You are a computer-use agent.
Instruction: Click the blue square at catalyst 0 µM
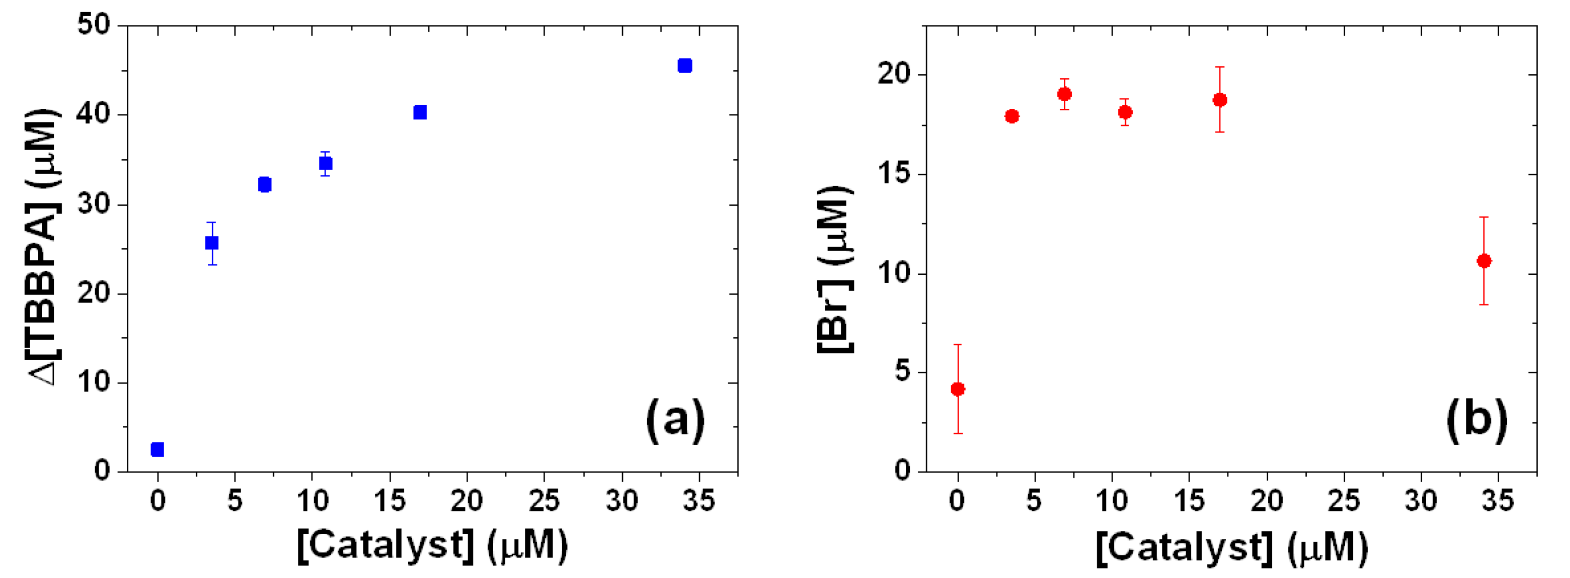(157, 449)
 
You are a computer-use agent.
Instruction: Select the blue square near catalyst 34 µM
(685, 65)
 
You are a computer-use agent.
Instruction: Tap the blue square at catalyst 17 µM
(420, 112)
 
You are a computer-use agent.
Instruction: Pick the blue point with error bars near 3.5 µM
(212, 243)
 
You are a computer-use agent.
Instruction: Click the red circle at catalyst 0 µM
(957, 389)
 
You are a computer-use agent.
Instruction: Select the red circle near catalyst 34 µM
(1484, 261)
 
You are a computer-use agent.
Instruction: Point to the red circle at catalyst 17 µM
(1220, 100)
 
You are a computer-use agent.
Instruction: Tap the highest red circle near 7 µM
(1065, 94)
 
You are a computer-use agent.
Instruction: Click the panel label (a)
(675, 420)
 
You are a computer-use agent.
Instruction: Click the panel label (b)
(1477, 420)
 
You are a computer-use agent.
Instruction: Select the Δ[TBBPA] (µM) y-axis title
(46, 247)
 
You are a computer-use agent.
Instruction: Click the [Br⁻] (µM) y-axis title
(835, 268)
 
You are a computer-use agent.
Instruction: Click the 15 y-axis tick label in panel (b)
(893, 174)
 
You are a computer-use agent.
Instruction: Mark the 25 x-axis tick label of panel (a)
(544, 501)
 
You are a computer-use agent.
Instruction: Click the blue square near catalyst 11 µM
(326, 163)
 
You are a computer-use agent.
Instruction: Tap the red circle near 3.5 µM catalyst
(1012, 116)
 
